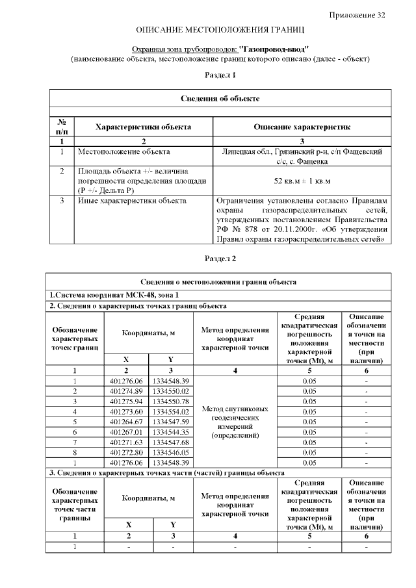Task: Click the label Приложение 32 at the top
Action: [357, 15]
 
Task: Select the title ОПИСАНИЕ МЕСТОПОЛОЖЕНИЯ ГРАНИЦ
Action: [220, 31]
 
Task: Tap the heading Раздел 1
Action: [220, 75]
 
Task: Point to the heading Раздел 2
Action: [220, 259]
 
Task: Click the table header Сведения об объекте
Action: [220, 99]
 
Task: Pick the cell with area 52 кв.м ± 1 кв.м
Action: [302, 181]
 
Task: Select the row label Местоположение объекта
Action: [124, 152]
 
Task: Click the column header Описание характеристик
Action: [302, 127]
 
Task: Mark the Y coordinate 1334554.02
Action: [171, 412]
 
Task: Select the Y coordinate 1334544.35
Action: [171, 432]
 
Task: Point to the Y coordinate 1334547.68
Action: [171, 442]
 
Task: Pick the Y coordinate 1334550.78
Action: [171, 402]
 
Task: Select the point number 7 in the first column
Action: [75, 442]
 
